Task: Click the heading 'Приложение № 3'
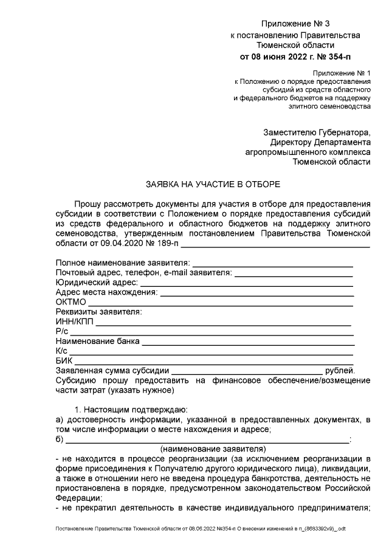coord(295,24)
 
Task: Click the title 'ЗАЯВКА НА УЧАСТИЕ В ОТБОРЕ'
coord(213,183)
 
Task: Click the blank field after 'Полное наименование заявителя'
coord(272,263)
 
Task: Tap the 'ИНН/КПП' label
coord(74,321)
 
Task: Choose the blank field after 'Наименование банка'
coord(247,341)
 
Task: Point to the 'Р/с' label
coord(61,331)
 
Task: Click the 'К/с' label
coord(61,351)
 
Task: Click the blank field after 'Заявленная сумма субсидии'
coord(246,370)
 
